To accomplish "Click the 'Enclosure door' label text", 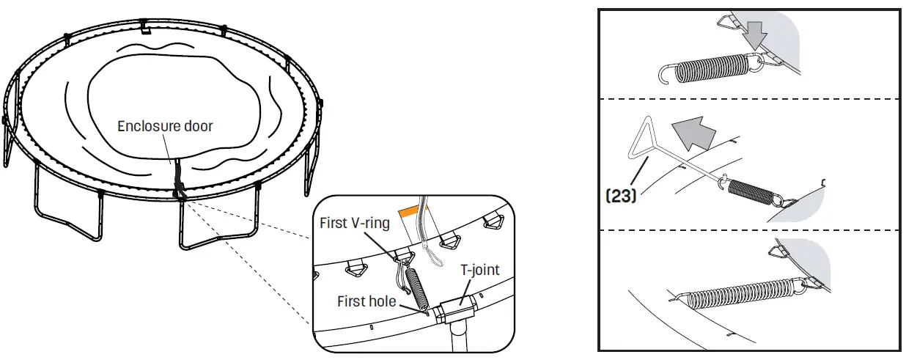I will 165,126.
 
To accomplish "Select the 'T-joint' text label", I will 480,270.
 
